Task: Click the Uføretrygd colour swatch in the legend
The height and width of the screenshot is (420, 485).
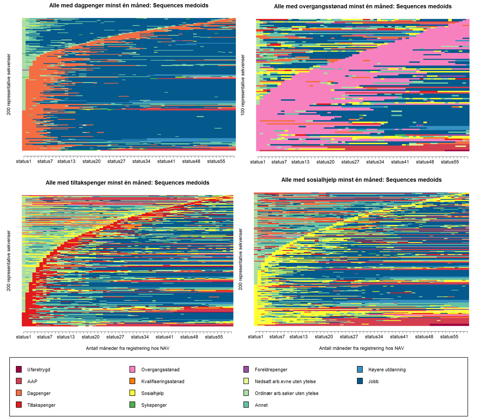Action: click(19, 369)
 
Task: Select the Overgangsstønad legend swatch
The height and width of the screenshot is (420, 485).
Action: click(132, 369)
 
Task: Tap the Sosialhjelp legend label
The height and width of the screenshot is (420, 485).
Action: click(152, 393)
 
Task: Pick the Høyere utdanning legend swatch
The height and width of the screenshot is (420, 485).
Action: click(360, 369)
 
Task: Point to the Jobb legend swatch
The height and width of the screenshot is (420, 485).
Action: click(360, 381)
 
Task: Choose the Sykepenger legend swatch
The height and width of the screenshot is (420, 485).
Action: click(132, 405)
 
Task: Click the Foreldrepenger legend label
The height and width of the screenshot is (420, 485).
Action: click(271, 370)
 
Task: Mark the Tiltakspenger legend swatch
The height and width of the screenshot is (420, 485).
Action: click(19, 405)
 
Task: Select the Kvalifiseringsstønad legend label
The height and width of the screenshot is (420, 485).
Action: click(163, 381)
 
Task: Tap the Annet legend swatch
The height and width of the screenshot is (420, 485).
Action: click(246, 405)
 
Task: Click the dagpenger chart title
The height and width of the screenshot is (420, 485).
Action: click(129, 6)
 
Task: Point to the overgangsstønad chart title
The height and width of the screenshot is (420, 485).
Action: click(363, 7)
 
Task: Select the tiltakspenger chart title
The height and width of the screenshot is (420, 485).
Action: click(127, 183)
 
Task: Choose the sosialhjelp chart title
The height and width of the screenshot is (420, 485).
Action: click(361, 180)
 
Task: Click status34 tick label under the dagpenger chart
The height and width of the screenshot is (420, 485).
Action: click(141, 161)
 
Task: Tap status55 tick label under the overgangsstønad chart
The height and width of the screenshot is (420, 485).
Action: click(449, 162)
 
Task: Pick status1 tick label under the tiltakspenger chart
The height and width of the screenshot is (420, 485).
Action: click(23, 337)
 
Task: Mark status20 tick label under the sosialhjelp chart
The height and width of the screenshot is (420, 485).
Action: click(324, 337)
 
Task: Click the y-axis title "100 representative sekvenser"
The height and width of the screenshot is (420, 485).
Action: click(243, 85)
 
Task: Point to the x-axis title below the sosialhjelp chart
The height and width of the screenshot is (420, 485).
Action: click(361, 348)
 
